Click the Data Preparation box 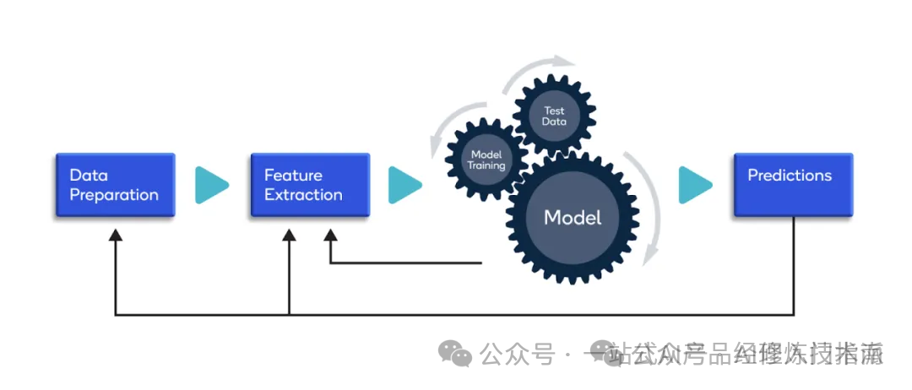coord(115,185)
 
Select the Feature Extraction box coord(310,185)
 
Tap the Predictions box coord(793,185)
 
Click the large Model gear coord(573,217)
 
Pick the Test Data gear coord(554,116)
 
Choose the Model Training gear coord(486,160)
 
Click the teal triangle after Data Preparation coord(211,185)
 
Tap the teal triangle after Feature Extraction coord(404,185)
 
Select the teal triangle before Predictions coord(695,185)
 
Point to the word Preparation coord(114,195)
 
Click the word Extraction coord(303,195)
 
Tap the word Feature coord(293,176)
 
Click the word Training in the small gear coord(486,165)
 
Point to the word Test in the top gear coord(554,111)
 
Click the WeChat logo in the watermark coord(459,354)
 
